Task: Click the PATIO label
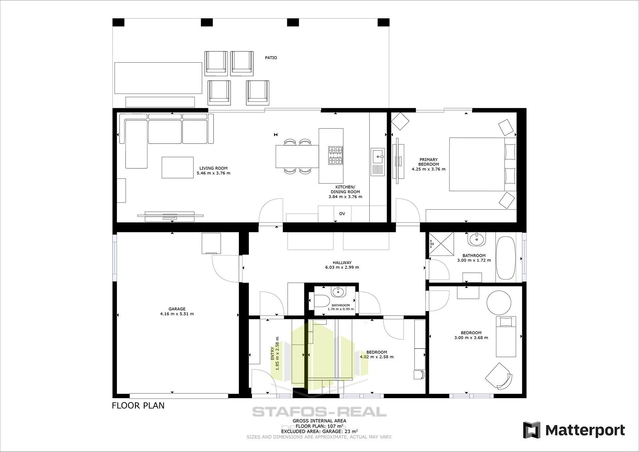click(x=271, y=58)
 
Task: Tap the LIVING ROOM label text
click(x=213, y=168)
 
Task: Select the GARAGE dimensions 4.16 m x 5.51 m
click(x=177, y=314)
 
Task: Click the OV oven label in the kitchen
click(x=342, y=214)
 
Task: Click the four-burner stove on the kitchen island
click(x=335, y=155)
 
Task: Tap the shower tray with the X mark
click(x=441, y=244)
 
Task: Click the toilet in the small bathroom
click(x=321, y=300)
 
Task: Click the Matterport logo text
click(x=585, y=430)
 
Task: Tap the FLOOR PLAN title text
click(x=138, y=406)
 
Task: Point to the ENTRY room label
click(x=272, y=353)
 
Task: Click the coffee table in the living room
click(x=177, y=167)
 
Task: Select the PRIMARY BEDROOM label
click(x=428, y=162)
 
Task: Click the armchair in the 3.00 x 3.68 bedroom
click(x=499, y=375)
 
